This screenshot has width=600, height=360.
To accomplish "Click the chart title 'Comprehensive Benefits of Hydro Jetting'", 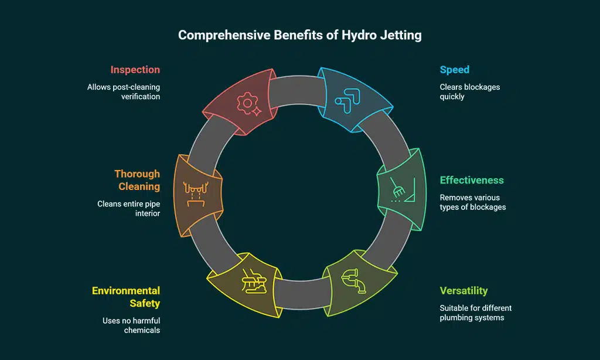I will click(299, 35).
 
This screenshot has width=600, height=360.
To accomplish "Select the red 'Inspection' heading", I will click(135, 70).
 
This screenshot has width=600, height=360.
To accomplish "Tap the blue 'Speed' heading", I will click(455, 70).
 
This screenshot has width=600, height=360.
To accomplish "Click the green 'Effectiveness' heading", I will click(472, 180).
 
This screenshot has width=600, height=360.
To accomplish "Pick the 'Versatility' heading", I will click(463, 291).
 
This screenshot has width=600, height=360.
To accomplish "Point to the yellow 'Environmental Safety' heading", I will click(126, 297).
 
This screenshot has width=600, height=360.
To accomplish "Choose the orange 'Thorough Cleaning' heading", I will click(137, 180).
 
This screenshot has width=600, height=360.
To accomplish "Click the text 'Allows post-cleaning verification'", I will click(124, 91).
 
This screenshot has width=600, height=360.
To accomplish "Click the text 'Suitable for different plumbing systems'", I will click(476, 313).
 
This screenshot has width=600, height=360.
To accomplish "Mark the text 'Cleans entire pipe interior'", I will click(129, 209).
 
